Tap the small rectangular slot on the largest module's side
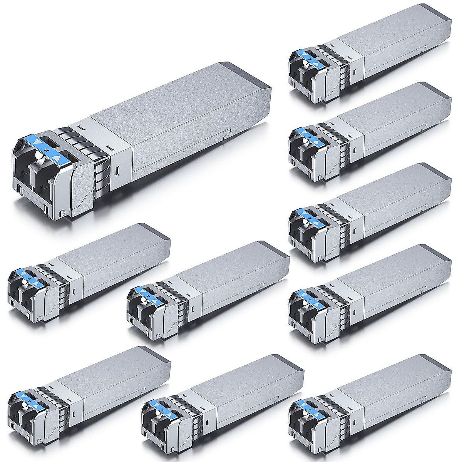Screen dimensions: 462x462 (x=117, y=170)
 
